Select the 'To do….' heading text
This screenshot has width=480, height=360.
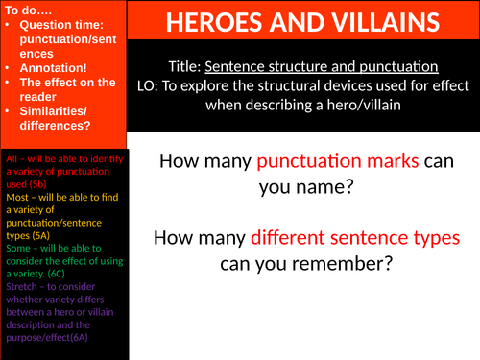click(x=28, y=9)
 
